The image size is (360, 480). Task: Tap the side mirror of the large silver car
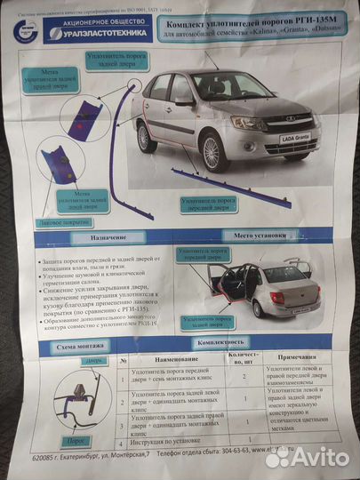[x=186, y=101]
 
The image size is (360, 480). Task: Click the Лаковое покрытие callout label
[x=65, y=222]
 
